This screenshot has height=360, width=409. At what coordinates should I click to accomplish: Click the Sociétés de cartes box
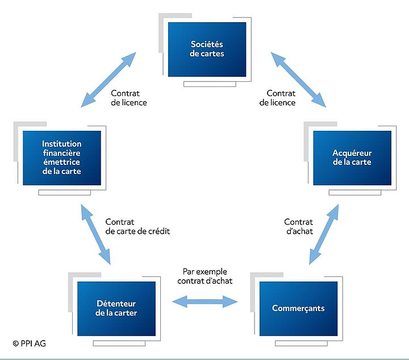[207, 49]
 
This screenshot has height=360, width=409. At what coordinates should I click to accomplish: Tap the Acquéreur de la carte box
[352, 158]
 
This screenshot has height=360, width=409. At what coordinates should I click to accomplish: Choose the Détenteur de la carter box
[116, 308]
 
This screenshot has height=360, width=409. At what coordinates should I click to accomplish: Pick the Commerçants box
[298, 308]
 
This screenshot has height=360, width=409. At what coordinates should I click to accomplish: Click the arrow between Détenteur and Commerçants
[205, 301]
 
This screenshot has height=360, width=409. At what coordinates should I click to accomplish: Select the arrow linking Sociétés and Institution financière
[108, 80]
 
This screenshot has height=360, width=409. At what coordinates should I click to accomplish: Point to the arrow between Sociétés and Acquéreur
[298, 79]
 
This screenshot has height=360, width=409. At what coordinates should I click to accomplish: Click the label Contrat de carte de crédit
[137, 226]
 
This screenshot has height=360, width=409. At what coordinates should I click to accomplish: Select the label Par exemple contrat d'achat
[204, 276]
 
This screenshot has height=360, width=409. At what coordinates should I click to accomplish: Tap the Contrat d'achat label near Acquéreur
[298, 226]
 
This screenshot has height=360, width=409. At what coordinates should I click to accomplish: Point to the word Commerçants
[298, 308]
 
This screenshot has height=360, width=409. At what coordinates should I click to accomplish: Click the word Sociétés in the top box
[207, 45]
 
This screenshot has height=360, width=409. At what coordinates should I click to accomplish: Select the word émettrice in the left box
[61, 162]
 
